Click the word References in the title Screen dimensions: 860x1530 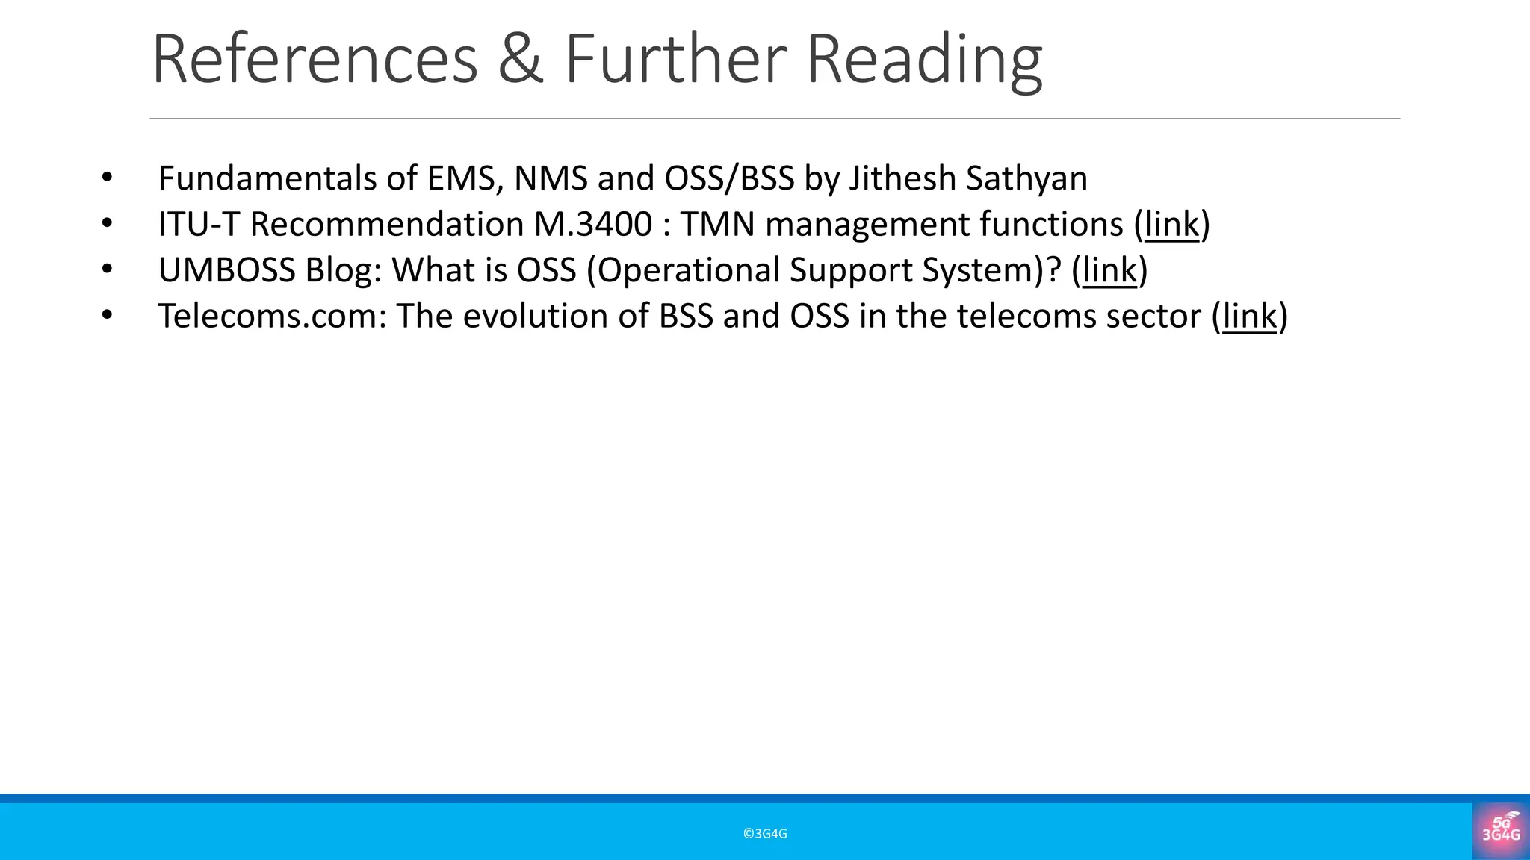[315, 60]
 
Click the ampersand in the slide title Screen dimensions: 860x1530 [520, 60]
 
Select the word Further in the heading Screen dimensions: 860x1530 [675, 60]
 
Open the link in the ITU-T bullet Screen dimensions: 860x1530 [1171, 225]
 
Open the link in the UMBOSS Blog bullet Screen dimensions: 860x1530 [1109, 270]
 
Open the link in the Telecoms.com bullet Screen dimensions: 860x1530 [1250, 317]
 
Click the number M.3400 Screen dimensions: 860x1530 [593, 225]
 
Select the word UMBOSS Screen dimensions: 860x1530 [226, 270]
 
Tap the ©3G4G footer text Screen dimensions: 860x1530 [765, 834]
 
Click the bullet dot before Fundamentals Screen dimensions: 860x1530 [107, 178]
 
